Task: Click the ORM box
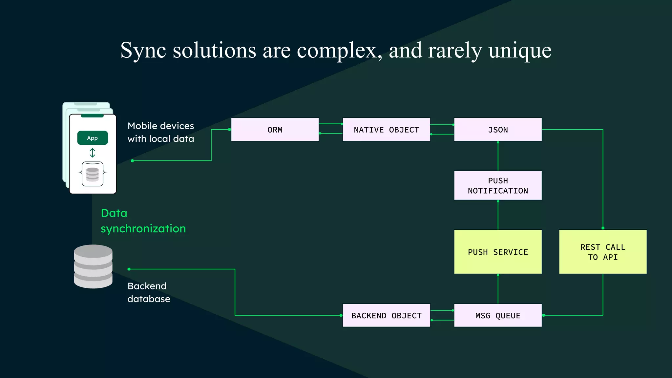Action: tap(275, 130)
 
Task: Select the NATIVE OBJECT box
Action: tap(386, 130)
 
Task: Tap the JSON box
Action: tap(498, 130)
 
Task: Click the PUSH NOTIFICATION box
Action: tap(498, 185)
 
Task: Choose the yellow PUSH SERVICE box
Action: tap(498, 252)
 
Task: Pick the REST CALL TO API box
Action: tap(603, 252)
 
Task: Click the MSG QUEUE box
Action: tap(498, 315)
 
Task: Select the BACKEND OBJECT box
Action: tap(386, 315)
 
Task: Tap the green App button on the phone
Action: tap(93, 138)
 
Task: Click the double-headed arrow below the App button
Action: tap(93, 153)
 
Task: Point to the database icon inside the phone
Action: tap(93, 174)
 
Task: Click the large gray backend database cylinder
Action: tap(93, 266)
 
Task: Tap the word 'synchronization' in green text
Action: tap(143, 229)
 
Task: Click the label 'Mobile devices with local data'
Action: tap(161, 132)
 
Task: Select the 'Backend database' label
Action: tap(149, 292)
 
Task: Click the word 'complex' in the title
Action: tap(339, 51)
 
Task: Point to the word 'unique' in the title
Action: tap(520, 51)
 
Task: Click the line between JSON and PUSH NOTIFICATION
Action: tap(498, 156)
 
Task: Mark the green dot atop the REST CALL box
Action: tap(603, 228)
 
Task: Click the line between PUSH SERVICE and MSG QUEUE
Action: tap(498, 289)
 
